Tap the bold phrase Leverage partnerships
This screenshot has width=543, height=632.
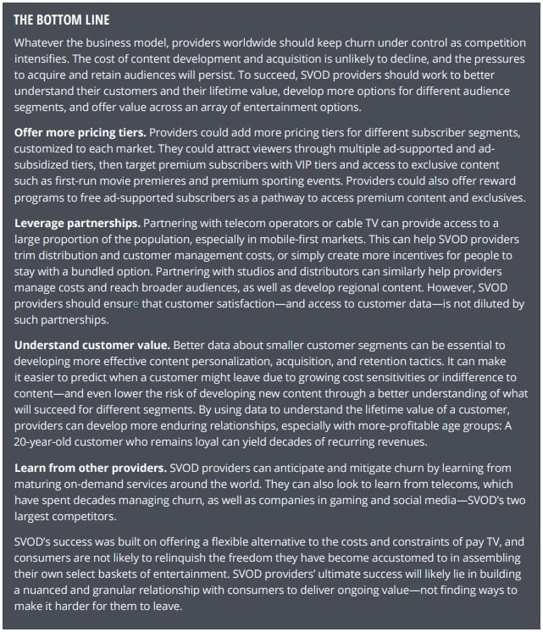click(77, 223)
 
